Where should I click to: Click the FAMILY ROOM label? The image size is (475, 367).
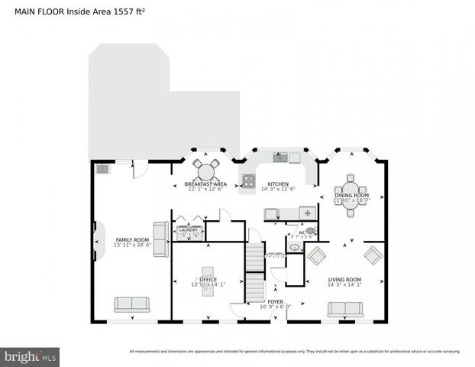click(x=132, y=239)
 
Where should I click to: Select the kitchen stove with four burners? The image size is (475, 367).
click(x=249, y=181)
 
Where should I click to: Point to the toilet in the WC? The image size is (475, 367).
click(x=309, y=229)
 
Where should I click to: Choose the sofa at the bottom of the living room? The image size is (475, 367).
click(x=344, y=309)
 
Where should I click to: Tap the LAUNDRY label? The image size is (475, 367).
click(x=189, y=229)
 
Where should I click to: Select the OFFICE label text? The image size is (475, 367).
click(x=208, y=280)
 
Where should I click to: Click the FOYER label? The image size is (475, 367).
click(x=275, y=302)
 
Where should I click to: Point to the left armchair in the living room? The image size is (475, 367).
click(x=316, y=256)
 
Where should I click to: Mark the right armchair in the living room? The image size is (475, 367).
click(x=373, y=255)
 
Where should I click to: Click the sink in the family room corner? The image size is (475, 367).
click(x=102, y=169)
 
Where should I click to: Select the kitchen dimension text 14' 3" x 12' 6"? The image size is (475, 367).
click(x=277, y=189)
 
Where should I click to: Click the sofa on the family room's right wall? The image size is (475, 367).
click(x=161, y=239)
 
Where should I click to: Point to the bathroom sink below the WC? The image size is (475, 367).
click(x=294, y=248)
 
